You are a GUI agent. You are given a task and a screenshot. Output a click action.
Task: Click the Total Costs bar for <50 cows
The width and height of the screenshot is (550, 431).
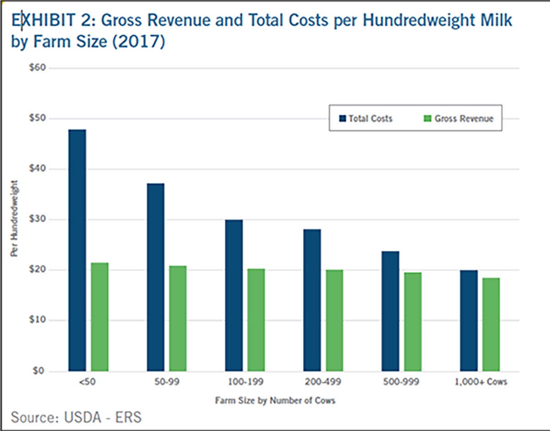[x=77, y=250]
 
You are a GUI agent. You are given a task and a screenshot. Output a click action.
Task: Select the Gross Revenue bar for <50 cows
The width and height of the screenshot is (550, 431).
[x=99, y=317]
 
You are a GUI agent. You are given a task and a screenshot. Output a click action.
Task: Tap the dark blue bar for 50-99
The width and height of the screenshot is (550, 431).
[x=155, y=277]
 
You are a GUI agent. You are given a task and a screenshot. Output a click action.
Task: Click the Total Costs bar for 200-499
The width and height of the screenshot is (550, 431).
[x=312, y=300]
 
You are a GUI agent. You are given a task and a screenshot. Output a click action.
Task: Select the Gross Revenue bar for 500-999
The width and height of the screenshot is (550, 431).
[x=413, y=321]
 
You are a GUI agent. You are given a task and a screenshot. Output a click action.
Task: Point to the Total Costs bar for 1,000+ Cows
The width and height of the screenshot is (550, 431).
[x=469, y=320]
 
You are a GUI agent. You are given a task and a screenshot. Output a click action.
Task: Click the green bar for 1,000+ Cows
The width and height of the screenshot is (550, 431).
[x=491, y=324]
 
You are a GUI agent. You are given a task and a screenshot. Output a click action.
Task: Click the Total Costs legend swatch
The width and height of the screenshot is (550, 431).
[x=342, y=118]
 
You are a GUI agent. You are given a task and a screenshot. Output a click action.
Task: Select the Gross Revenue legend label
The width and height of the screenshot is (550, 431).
[x=464, y=118]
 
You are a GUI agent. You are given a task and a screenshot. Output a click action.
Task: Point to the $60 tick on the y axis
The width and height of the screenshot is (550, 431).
[x=37, y=68]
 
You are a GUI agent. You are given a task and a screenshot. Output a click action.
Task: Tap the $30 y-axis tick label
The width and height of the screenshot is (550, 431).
[x=37, y=220]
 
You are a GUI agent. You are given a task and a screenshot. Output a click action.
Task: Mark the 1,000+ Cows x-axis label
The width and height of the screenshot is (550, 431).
[x=480, y=382]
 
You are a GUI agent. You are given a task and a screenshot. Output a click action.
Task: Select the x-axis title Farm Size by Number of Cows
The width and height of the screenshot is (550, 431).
[x=275, y=400]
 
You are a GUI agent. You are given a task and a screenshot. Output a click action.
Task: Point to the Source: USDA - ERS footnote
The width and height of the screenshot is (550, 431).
[x=76, y=418]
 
